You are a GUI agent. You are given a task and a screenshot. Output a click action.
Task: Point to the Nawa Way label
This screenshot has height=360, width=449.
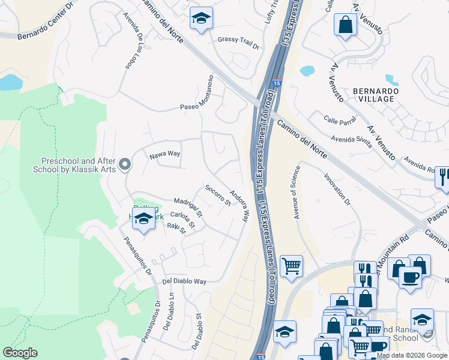coord(165,154)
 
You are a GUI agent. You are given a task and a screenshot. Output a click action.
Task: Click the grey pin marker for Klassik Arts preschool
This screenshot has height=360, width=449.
coord(124,164)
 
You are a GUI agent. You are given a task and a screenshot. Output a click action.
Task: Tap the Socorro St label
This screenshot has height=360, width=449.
coord(218,195)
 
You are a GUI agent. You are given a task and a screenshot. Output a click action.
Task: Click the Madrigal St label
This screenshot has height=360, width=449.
coord(188,207)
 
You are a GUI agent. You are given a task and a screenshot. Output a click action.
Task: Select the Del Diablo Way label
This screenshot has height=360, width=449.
coord(184,281)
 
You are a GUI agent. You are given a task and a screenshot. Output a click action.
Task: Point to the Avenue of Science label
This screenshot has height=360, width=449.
coord(295,191)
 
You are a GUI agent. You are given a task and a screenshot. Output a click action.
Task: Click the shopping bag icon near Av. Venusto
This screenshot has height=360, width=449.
coord(345,25)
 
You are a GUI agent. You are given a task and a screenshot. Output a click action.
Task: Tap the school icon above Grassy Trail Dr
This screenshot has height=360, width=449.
coord(201,18)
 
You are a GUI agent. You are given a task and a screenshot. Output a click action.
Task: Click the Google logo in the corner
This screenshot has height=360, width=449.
coord(20,353)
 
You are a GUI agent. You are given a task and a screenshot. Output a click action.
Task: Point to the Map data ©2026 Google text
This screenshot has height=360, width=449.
coord(411,355)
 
